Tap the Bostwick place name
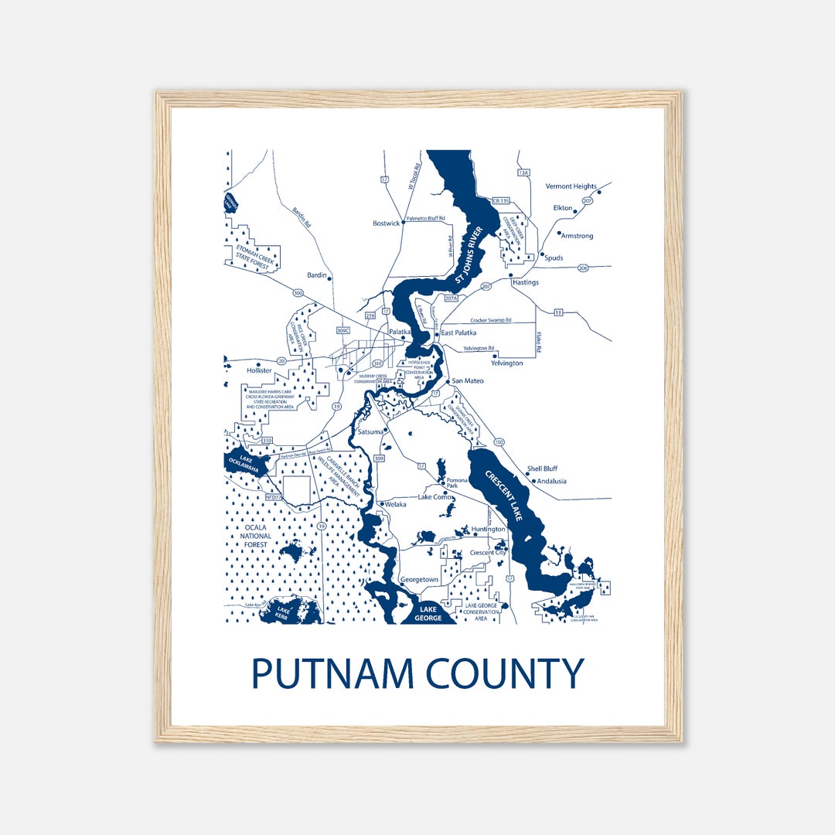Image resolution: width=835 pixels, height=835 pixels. coord(386,223)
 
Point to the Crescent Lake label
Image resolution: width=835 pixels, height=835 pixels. coord(505,495)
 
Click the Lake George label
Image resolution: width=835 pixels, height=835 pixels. coord(428,614)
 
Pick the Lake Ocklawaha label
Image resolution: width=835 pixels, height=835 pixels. coord(247,463)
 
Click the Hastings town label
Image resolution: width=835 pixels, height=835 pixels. coord(525,282)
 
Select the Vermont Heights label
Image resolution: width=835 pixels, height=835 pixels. coord(571,186)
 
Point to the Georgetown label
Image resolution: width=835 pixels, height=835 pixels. coord(419,579)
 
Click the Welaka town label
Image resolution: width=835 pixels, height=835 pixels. coord(396,505)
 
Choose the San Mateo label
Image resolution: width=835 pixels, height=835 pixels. coord(467,381)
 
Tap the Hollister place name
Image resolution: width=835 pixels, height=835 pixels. coord(259,370)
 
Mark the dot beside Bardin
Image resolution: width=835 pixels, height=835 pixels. coord(330,278)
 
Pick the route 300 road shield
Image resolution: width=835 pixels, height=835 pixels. coord(298,293)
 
